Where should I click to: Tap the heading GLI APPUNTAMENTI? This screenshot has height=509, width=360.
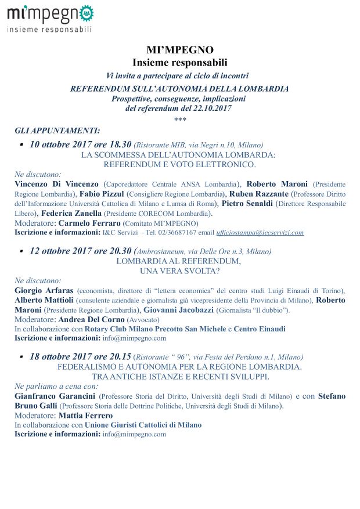tap(57, 131)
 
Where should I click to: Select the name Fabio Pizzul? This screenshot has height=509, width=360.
tap(102, 193)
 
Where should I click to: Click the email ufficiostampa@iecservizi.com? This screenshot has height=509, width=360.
tap(258, 233)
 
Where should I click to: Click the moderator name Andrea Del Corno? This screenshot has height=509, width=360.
tap(90, 319)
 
